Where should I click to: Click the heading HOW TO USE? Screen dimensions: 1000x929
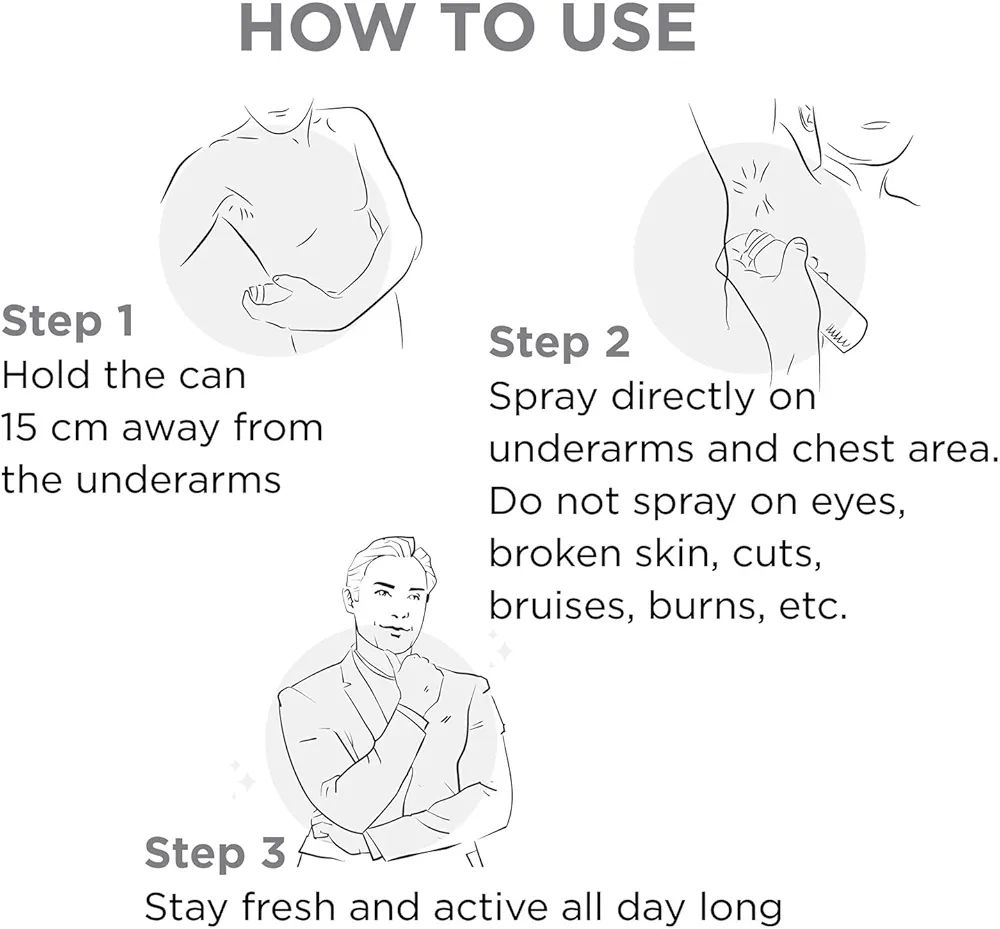[x=467, y=29]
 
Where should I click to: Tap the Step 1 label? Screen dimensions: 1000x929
[x=68, y=321]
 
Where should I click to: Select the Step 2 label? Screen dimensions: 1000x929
[x=559, y=342]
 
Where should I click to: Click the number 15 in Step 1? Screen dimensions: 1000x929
[x=19, y=428]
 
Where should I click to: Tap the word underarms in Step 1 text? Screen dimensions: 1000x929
[x=178, y=480]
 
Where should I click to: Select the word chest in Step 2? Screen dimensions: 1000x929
[x=841, y=449]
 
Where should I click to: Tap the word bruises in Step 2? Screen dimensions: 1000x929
[x=561, y=606]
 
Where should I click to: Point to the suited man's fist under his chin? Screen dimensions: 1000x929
[x=418, y=681]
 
